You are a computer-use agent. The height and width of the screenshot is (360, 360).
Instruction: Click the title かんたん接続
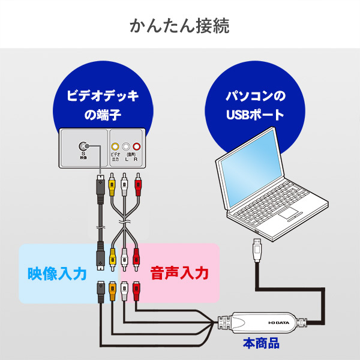coord(179,26)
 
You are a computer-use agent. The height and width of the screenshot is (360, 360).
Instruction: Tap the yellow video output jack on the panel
coord(114,146)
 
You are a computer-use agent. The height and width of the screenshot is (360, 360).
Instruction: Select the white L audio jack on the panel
coord(125,146)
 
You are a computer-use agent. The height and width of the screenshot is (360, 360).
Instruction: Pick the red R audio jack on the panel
coord(137,146)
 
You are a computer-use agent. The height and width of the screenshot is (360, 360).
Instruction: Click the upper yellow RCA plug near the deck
coord(112,184)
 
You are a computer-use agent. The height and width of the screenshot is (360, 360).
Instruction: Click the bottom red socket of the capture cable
coord(136,292)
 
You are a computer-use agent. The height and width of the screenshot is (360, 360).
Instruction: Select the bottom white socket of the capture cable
coord(124,292)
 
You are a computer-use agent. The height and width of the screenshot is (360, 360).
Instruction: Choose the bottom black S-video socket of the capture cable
coord(100,292)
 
